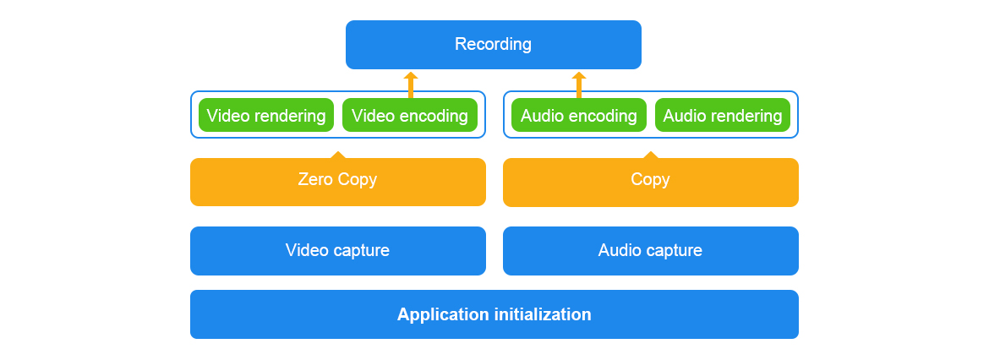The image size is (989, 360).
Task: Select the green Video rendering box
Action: [266, 116]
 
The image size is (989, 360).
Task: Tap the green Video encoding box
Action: [410, 116]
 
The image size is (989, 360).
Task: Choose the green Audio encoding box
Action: [579, 116]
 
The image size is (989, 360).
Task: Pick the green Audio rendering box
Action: [723, 116]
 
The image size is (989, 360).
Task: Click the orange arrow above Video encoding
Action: [411, 85]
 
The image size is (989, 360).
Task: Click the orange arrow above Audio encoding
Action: [579, 85]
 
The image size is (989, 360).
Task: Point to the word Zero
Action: [316, 179]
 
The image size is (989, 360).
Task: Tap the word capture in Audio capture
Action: [674, 251]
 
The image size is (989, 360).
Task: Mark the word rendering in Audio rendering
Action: [746, 116]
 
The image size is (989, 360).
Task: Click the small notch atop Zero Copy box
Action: [338, 155]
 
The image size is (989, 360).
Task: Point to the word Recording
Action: [494, 44]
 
